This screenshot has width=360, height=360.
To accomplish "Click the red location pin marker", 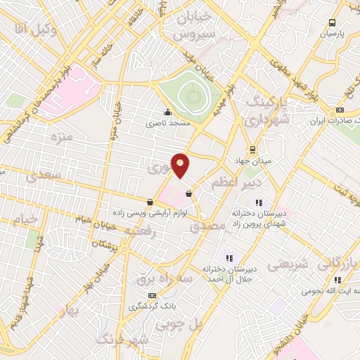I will coord(181,165).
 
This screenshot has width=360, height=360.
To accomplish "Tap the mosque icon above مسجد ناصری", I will coord(167,112).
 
